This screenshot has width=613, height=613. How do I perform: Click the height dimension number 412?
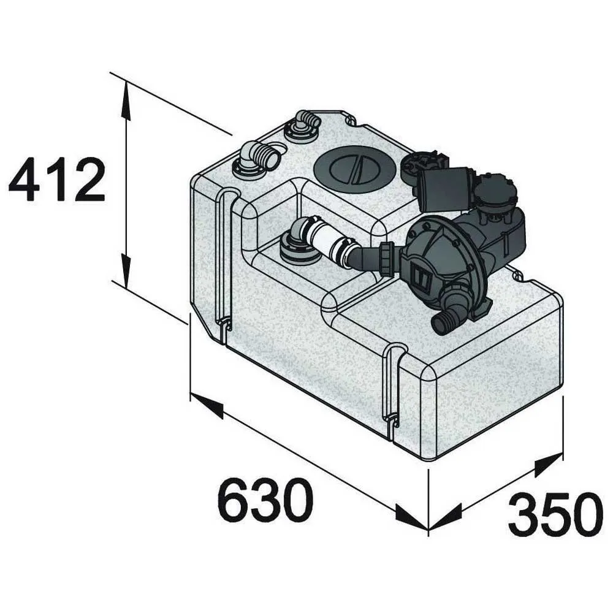point(57,179)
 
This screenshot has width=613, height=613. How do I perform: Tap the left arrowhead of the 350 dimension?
point(444,518)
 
